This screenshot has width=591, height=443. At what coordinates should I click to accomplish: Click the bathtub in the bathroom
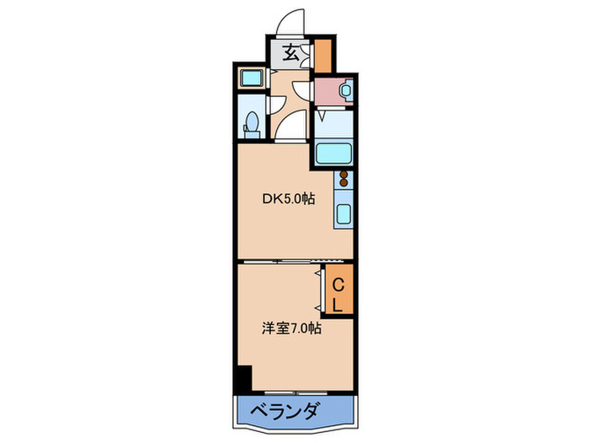coord(335,154)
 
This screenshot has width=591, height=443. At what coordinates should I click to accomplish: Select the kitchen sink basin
coord(344,213)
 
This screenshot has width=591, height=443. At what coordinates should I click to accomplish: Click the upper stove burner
coord(344,176)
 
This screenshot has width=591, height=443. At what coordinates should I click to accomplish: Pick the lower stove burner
coord(344,185)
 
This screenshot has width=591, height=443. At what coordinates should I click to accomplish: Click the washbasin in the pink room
coord(344,89)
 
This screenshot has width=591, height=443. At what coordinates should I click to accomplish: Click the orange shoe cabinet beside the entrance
coord(323,56)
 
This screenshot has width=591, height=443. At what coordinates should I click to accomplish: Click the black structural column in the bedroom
coord(243,378)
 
